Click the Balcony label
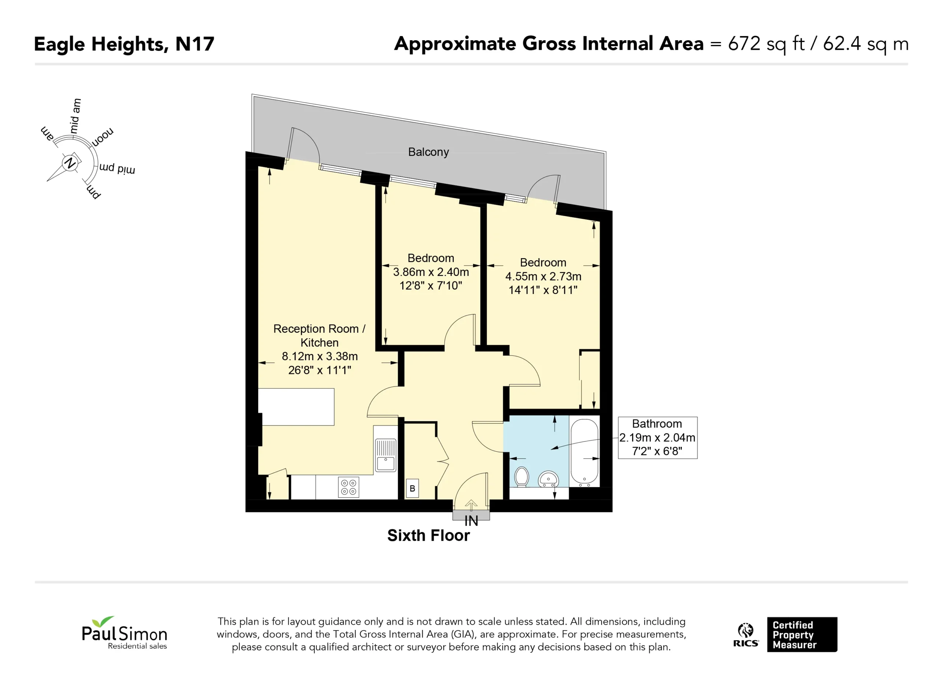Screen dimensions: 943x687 (428, 152)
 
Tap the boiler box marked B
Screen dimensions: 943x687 (413, 488)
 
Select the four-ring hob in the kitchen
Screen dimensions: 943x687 (348, 487)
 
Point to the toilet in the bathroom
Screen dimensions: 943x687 (521, 477)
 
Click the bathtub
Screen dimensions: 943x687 (584, 452)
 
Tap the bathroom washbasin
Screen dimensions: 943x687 (548, 479)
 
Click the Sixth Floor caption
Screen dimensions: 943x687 (428, 536)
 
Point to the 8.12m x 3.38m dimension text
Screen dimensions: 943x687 (320, 356)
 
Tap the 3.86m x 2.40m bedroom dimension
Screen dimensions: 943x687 (431, 272)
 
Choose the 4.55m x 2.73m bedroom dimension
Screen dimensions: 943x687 (543, 277)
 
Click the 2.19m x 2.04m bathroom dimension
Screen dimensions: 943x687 (657, 438)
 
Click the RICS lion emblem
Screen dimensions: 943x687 (746, 635)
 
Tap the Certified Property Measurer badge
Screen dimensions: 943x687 (802, 635)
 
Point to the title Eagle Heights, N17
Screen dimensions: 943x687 (124, 45)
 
